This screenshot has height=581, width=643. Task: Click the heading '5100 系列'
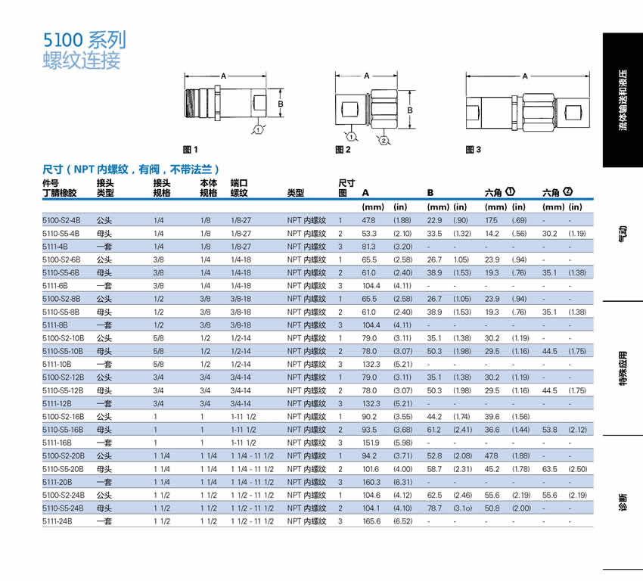84,40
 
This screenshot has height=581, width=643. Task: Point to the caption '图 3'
474,150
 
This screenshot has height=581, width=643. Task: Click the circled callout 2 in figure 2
384,141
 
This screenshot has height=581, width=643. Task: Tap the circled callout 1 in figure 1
259,130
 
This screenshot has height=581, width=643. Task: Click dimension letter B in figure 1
280,104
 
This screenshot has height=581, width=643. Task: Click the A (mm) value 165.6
371,521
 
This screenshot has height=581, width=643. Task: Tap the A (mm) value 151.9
371,443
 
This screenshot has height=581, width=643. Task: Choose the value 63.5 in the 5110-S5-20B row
551,469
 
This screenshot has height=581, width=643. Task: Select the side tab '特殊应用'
623,369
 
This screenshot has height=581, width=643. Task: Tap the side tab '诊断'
623,503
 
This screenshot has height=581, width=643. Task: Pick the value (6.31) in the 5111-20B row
402,482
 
